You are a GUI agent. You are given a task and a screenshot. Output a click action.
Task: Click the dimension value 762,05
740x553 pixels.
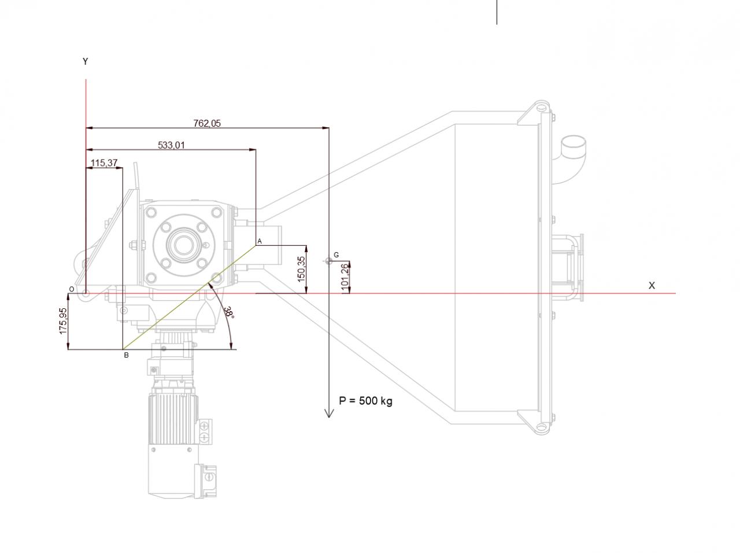pos(206,123)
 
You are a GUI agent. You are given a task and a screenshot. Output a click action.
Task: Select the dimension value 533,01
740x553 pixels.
pos(171,145)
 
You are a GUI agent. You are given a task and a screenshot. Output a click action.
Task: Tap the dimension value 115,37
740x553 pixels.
pos(104,163)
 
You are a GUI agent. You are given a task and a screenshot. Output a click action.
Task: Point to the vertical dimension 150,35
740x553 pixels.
pos(301,269)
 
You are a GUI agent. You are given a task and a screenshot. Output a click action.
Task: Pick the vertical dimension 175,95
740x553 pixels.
pos(63,321)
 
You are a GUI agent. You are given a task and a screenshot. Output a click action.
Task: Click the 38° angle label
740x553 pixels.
pos(230,312)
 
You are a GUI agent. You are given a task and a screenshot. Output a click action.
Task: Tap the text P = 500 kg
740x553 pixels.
pos(365,401)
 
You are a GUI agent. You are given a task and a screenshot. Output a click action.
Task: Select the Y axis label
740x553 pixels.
pos(86,61)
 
